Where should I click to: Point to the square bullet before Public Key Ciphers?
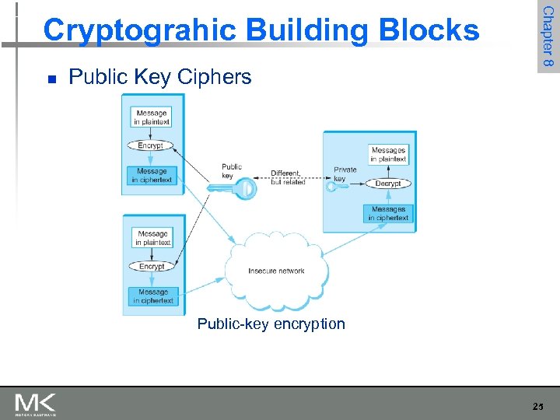[x=51, y=79]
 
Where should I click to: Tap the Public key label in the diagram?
[x=232, y=170]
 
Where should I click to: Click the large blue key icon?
[x=233, y=188]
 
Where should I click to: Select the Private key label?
[x=345, y=173]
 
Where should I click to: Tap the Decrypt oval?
[x=387, y=184]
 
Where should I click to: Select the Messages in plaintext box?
[x=388, y=154]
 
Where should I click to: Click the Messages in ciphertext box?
[x=388, y=213]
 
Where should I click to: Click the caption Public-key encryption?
[x=271, y=324]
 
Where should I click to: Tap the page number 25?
[x=538, y=405]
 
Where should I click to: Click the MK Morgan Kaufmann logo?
[x=35, y=404]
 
